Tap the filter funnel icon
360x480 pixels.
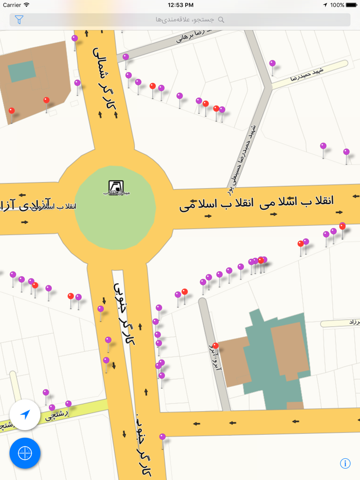(x=19, y=20)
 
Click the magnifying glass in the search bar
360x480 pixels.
(x=221, y=20)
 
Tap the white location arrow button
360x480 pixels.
(x=25, y=415)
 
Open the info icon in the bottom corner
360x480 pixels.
(x=345, y=464)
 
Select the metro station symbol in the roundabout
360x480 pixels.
(x=114, y=186)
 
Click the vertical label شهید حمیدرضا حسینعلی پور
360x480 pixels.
(x=242, y=157)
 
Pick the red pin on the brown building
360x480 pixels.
(x=46, y=100)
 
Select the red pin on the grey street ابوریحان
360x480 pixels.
(x=215, y=346)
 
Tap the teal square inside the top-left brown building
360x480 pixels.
(x=22, y=72)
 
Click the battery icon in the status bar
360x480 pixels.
(x=352, y=5)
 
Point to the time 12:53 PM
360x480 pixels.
(x=181, y=5)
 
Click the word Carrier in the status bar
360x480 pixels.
(x=12, y=5)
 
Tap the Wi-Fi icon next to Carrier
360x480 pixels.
(x=26, y=5)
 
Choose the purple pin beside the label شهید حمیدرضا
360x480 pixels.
(x=272, y=63)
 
